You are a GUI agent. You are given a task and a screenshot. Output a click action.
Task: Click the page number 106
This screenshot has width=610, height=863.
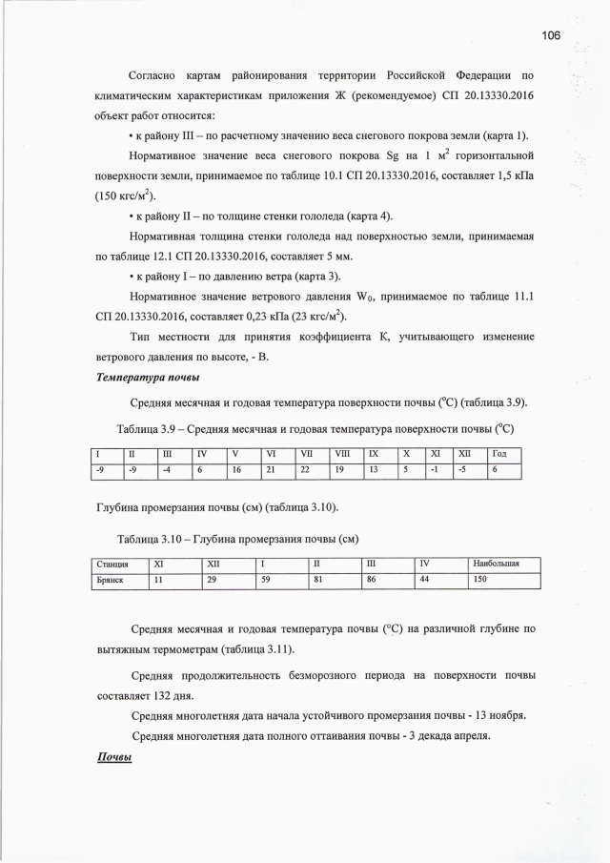tap(551, 35)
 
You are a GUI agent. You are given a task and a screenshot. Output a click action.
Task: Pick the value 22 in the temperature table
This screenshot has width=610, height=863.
tap(305, 469)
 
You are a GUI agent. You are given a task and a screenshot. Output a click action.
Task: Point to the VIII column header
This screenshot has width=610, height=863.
tap(342, 453)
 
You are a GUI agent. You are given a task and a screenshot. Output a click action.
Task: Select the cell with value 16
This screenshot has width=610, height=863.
tap(237, 469)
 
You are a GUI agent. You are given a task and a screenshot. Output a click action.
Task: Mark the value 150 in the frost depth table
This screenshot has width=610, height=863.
tap(480, 580)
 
